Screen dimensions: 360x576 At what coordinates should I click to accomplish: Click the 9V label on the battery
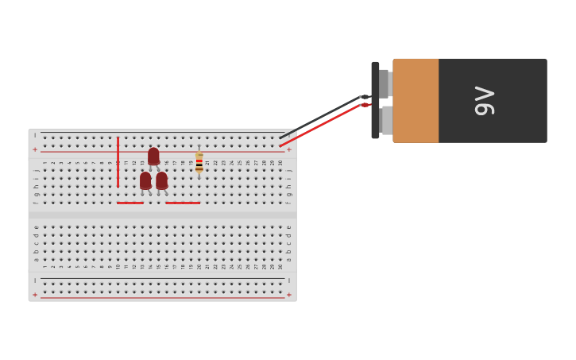(x=485, y=100)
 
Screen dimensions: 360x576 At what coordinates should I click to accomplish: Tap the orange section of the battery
(x=416, y=100)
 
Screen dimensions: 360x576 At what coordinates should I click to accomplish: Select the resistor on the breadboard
(x=199, y=162)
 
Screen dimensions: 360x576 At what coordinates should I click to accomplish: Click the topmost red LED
(x=153, y=156)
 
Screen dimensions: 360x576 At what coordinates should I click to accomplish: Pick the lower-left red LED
(x=145, y=180)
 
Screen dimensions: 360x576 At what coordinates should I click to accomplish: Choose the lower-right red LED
(x=162, y=180)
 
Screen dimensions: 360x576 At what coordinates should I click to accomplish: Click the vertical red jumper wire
(x=118, y=162)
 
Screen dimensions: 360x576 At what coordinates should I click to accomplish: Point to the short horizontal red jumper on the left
(x=130, y=203)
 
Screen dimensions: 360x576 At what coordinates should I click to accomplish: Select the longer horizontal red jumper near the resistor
(x=183, y=203)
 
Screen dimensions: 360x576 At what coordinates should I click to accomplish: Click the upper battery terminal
(x=385, y=83)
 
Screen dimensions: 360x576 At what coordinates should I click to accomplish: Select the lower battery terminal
(x=385, y=120)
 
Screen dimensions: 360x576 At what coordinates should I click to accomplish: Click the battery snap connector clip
(x=375, y=100)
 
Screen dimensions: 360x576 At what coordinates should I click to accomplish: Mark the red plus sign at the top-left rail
(x=35, y=149)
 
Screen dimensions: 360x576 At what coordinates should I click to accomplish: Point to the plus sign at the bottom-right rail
(x=288, y=295)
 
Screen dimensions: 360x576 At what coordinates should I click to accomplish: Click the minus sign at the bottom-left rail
(x=35, y=281)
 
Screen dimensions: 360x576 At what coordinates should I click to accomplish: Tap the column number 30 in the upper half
(x=280, y=163)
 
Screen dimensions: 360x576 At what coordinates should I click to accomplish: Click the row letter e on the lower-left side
(x=36, y=227)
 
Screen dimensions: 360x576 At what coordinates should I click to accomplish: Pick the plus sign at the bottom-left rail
(x=35, y=295)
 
